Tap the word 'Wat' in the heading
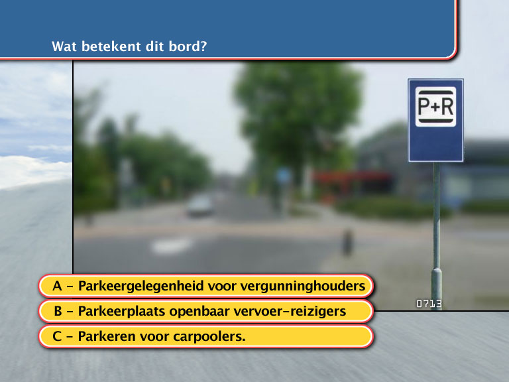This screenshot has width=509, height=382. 64,46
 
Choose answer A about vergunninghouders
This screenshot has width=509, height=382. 206,286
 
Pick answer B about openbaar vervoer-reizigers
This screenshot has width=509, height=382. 206,311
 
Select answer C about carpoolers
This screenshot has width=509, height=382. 206,336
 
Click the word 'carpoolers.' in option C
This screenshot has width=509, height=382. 209,337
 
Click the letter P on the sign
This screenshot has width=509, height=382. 424,106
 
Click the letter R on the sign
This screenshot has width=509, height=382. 447,106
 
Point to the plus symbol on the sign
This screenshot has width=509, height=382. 435,107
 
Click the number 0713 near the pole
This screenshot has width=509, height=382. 429,304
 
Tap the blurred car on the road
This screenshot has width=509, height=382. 200,206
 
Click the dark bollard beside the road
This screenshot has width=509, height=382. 347,242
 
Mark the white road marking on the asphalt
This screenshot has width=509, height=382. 172,245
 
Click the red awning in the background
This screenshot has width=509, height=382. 353,177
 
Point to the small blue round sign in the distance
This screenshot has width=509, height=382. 283,176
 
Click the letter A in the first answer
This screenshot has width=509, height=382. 57,286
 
